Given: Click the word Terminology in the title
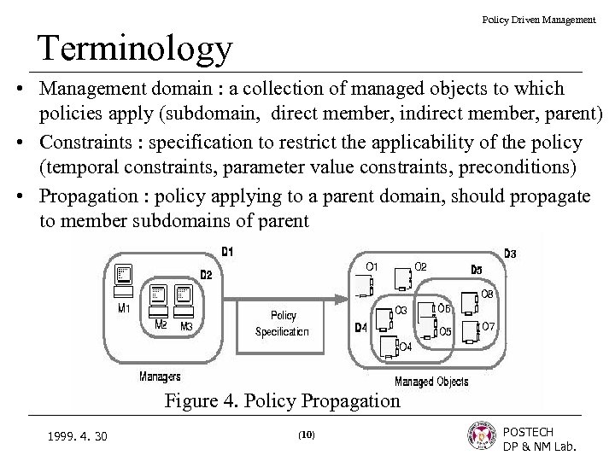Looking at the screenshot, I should (134, 49).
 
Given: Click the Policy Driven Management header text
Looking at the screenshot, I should (539, 19).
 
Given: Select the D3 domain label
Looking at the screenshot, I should (509, 254).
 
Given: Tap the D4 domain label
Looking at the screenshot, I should (360, 328).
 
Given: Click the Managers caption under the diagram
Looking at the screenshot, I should (160, 376).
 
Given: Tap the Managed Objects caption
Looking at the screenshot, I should (431, 381).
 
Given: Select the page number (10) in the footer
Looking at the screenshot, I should (307, 435).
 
